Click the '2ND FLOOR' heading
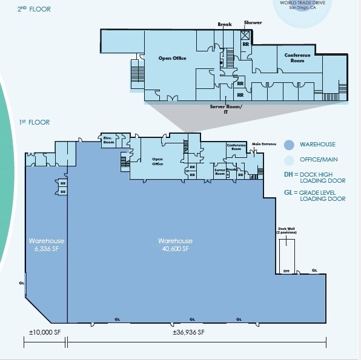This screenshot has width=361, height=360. pyautogui.click(x=35, y=10)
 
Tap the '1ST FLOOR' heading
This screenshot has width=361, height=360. pyautogui.click(x=34, y=123)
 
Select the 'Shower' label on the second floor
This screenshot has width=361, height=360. pyautogui.click(x=253, y=23)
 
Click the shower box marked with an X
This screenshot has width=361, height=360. pyautogui.click(x=246, y=35)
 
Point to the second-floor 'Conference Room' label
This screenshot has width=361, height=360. pyautogui.click(x=297, y=58)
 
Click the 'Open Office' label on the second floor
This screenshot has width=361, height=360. pyautogui.click(x=172, y=59)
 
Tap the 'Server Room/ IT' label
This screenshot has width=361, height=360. pyautogui.click(x=226, y=108)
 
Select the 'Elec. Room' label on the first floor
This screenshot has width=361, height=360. pyautogui.click(x=109, y=140)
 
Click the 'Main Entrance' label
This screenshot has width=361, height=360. pyautogui.click(x=264, y=144)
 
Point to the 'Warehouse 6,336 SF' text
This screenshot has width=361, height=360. pyautogui.click(x=46, y=244)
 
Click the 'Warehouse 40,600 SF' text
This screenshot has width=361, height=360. pyautogui.click(x=176, y=244)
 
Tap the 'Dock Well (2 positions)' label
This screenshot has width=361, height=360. pyautogui.click(x=285, y=231)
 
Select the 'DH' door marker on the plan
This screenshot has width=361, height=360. pyautogui.click(x=286, y=271)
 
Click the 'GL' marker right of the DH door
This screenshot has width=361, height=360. pyautogui.click(x=314, y=270)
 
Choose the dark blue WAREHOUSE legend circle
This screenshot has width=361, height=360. pyautogui.click(x=289, y=145)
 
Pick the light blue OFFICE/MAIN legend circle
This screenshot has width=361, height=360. pyautogui.click(x=289, y=160)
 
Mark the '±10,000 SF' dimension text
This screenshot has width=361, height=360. pyautogui.click(x=45, y=332)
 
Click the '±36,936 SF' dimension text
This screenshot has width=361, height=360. pyautogui.click(x=188, y=332)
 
